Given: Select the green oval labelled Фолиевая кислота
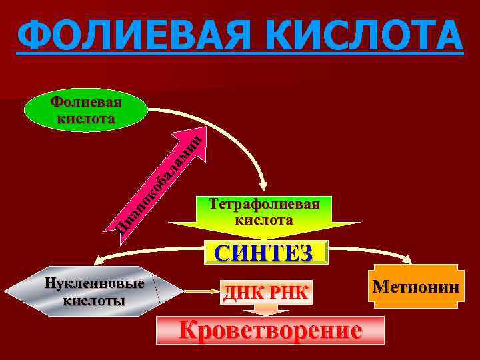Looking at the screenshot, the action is [x=87, y=111].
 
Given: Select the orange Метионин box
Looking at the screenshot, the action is [x=416, y=287].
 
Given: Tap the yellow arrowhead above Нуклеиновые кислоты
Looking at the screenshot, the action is [x=99, y=260].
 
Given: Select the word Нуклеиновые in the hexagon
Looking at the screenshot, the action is [x=93, y=283].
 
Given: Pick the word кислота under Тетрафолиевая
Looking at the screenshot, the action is [x=264, y=219].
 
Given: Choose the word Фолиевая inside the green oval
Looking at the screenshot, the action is [x=87, y=103].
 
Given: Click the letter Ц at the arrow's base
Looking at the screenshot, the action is [x=119, y=231].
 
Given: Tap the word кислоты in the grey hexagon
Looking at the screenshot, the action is [x=93, y=300].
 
